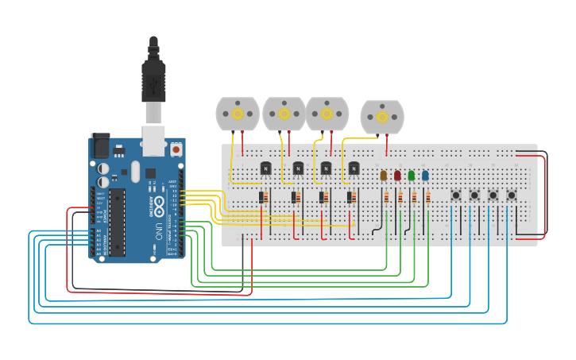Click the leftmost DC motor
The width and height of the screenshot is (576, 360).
[238, 114]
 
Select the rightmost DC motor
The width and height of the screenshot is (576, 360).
[381, 117]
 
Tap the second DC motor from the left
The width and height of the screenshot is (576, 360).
[284, 114]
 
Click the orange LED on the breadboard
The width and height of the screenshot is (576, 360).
[384, 176]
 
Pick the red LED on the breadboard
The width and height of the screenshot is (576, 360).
[397, 176]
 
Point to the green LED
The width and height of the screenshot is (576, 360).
[411, 176]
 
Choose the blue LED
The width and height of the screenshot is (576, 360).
[425, 176]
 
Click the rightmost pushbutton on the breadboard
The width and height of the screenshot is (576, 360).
[512, 195]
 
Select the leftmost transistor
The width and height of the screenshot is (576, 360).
[266, 168]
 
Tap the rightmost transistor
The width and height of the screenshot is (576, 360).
[354, 168]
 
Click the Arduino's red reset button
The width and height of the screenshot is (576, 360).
[176, 149]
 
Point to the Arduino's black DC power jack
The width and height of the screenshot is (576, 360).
[100, 145]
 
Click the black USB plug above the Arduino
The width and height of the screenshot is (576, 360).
[153, 79]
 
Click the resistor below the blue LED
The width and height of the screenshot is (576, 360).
[427, 198]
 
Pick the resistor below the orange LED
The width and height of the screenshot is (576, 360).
[386, 198]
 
